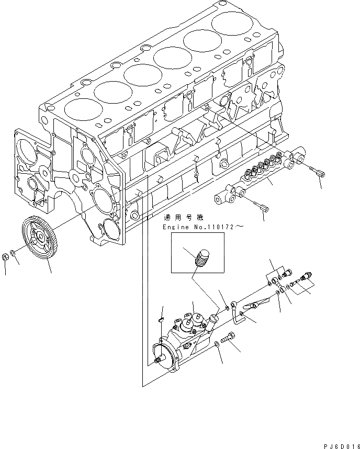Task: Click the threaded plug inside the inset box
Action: [202, 259]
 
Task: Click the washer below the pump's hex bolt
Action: [217, 344]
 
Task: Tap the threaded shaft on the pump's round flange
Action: [157, 361]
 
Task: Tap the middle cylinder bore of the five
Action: [142, 73]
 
